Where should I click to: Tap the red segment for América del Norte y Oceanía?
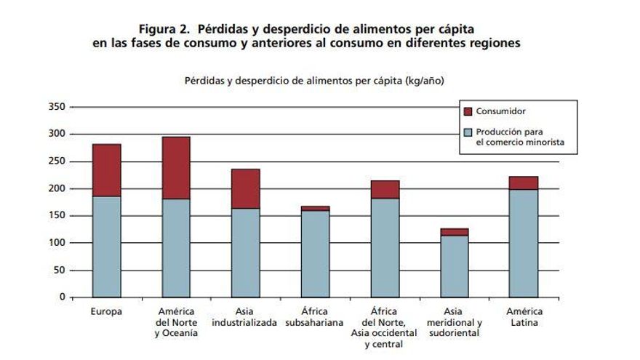coord(175,167)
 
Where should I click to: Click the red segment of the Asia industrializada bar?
coord(245,188)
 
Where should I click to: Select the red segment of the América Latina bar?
coord(524,183)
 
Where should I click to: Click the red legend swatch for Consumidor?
coord(468,111)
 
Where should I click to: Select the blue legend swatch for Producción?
coord(468,133)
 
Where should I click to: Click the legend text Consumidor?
coord(501,111)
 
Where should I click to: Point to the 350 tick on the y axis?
coord(57,107)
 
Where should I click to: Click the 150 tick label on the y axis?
coord(57,216)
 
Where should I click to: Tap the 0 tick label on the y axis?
coord(62,297)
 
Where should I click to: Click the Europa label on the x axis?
coord(106,312)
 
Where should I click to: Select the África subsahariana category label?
coord(315,317)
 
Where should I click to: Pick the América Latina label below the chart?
coord(524,317)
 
